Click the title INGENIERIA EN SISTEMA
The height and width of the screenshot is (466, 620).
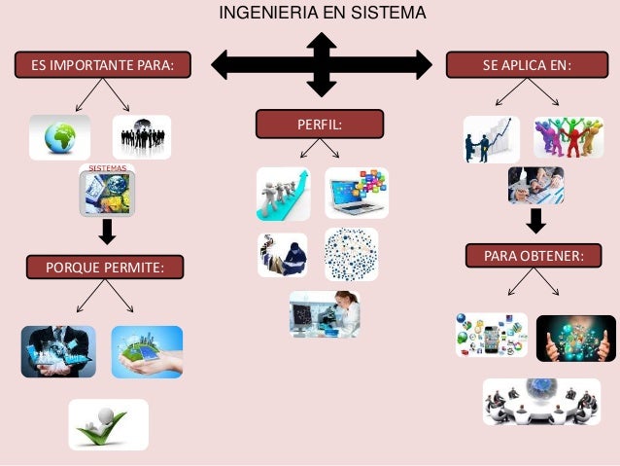click(322, 14)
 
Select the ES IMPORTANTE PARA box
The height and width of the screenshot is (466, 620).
click(102, 66)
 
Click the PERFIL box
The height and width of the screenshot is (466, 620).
click(319, 124)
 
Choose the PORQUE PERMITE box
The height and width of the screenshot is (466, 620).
click(103, 266)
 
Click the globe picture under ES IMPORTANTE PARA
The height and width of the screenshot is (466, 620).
click(59, 137)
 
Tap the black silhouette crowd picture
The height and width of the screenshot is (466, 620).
click(142, 137)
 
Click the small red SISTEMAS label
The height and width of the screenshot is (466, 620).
click(107, 169)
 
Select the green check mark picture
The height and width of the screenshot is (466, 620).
click(108, 425)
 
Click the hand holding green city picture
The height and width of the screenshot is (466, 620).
click(147, 351)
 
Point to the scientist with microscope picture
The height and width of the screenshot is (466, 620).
click(325, 315)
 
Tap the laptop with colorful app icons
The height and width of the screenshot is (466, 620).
click(356, 193)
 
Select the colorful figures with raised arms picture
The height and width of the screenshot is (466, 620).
click(568, 138)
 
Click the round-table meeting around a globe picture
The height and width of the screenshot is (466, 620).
click(541, 401)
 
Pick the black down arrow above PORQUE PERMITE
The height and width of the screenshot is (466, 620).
click(107, 232)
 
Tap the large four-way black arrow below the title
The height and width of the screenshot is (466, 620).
click(322, 65)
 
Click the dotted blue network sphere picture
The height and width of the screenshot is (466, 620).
click(351, 254)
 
